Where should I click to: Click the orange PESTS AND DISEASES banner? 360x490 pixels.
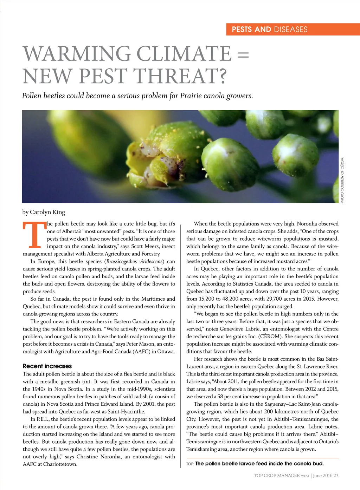click(x=293, y=30)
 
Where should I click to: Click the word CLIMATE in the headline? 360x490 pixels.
click(x=184, y=54)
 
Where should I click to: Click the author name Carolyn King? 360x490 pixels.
click(x=47, y=212)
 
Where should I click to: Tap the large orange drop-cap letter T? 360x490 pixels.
click(x=34, y=235)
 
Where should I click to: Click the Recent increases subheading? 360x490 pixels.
click(x=47, y=366)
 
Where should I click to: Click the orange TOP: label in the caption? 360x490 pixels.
click(x=190, y=464)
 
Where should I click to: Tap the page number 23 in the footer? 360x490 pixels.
click(x=336, y=476)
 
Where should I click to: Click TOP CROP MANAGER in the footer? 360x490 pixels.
click(x=277, y=476)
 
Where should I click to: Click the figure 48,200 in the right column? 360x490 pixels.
click(x=230, y=299)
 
